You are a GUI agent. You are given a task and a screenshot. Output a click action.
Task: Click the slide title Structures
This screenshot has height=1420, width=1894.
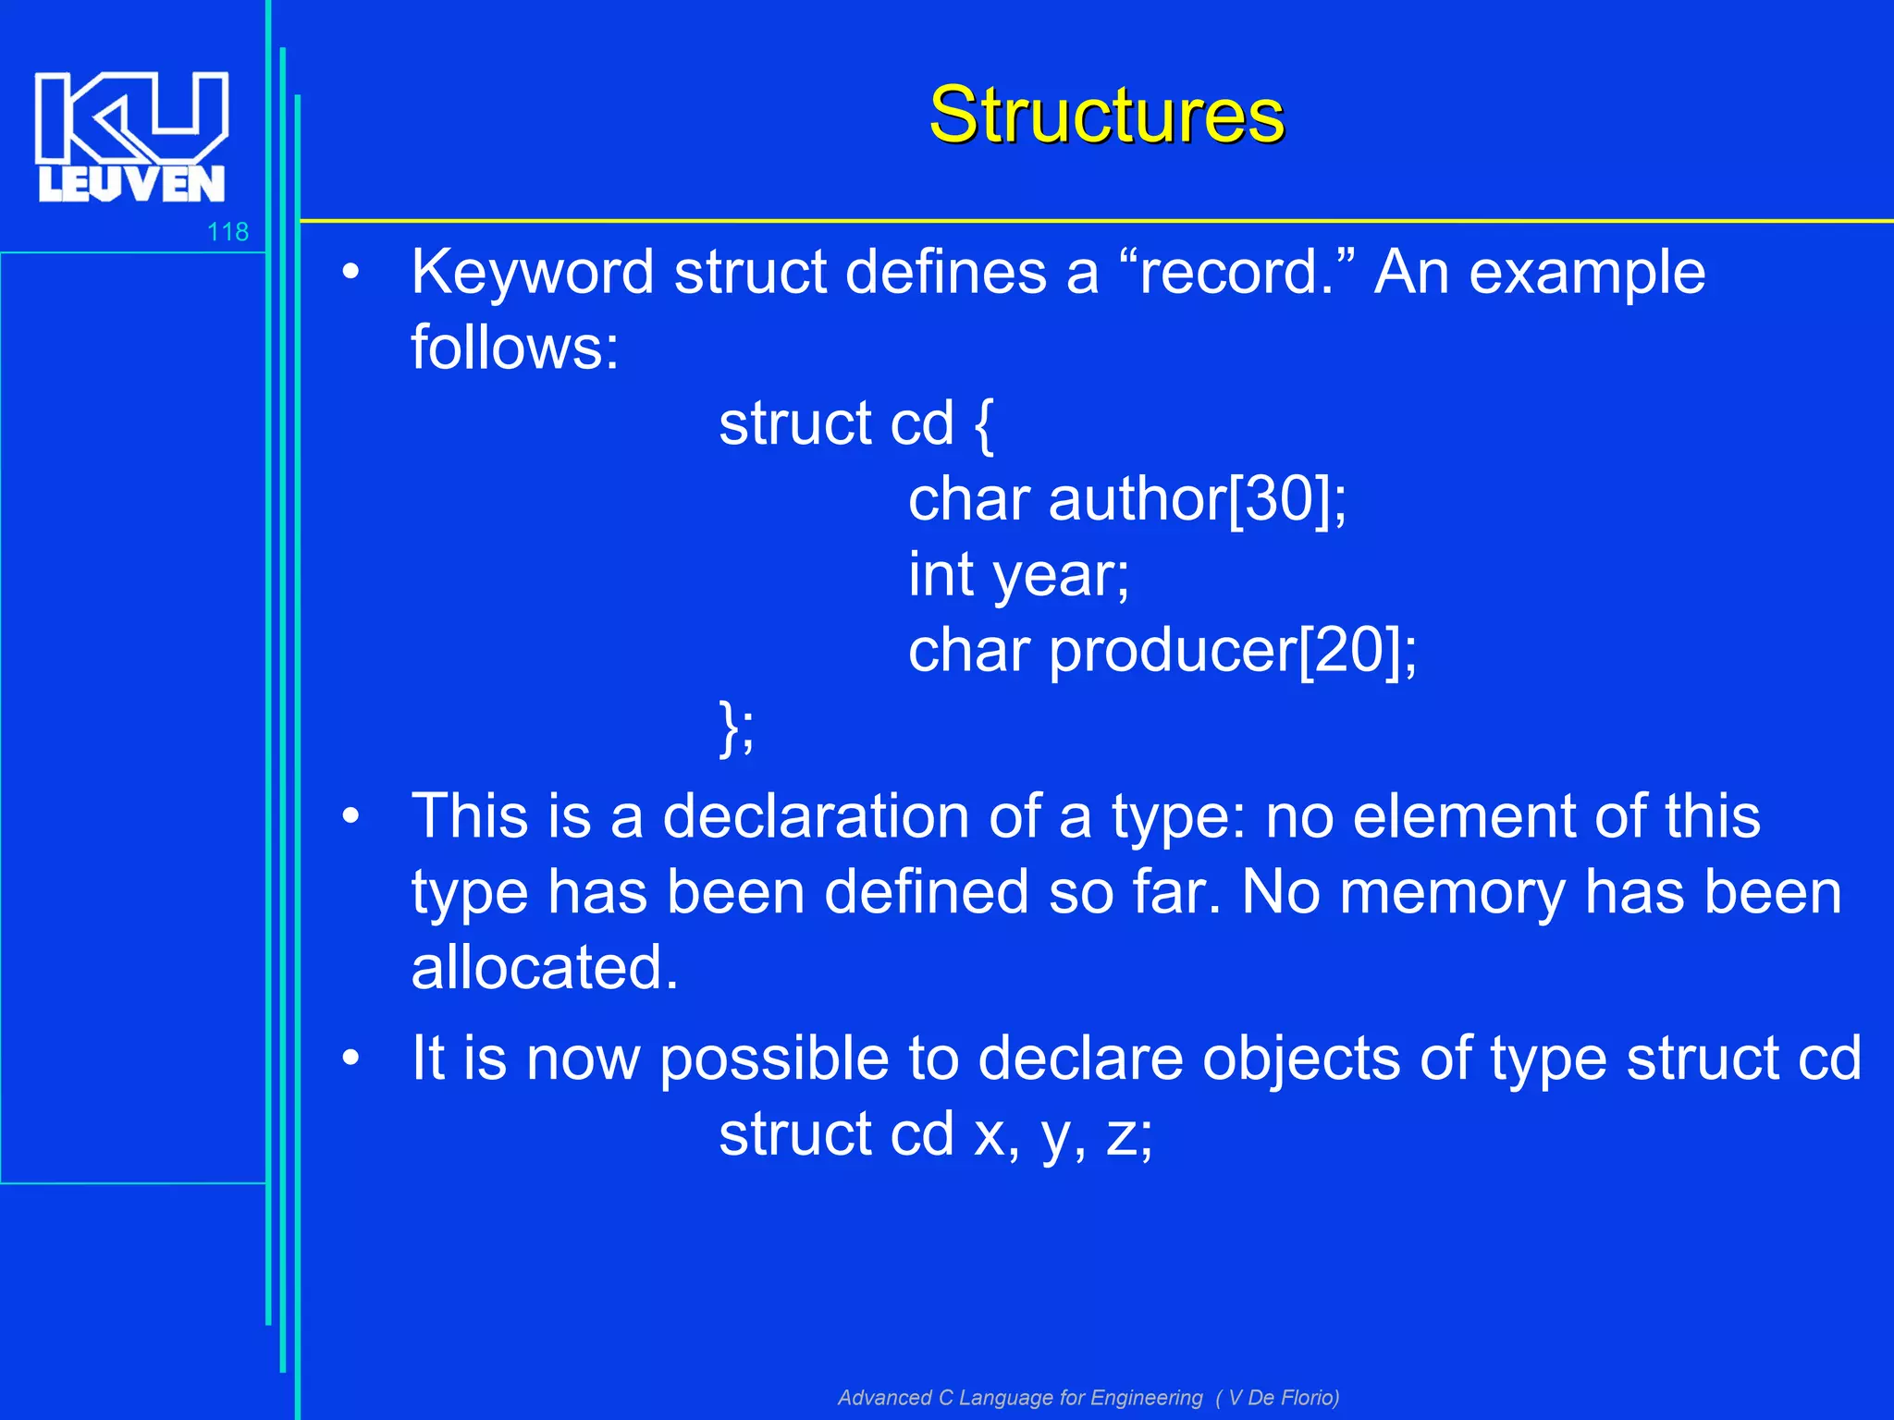pyautogui.click(x=1106, y=115)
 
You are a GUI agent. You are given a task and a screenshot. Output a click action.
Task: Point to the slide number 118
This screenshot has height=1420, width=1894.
pyautogui.click(x=228, y=232)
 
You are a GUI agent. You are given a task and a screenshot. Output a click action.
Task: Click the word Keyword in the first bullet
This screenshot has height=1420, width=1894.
pyautogui.click(x=532, y=273)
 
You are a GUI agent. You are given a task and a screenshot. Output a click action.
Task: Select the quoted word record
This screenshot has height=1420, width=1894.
pyautogui.click(x=1229, y=273)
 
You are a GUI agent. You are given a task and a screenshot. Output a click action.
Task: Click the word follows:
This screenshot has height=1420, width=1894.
pyautogui.click(x=514, y=349)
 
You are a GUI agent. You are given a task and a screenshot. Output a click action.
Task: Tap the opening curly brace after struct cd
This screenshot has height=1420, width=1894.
pyautogui.click(x=984, y=425)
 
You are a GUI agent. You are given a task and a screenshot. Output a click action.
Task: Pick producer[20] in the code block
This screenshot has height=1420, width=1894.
pyautogui.click(x=1230, y=652)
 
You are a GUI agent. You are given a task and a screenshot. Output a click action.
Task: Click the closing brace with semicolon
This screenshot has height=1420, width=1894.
pyautogui.click(x=736, y=728)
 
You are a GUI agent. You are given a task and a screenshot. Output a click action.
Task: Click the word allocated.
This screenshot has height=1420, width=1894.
pyautogui.click(x=544, y=968)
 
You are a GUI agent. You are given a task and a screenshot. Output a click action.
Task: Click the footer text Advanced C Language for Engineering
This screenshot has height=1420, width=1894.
pyautogui.click(x=1020, y=1397)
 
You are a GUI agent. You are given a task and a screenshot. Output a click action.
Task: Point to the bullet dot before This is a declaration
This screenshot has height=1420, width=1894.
pyautogui.click(x=350, y=816)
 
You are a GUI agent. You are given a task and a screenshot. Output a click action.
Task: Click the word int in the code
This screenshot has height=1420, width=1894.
pyautogui.click(x=940, y=575)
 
